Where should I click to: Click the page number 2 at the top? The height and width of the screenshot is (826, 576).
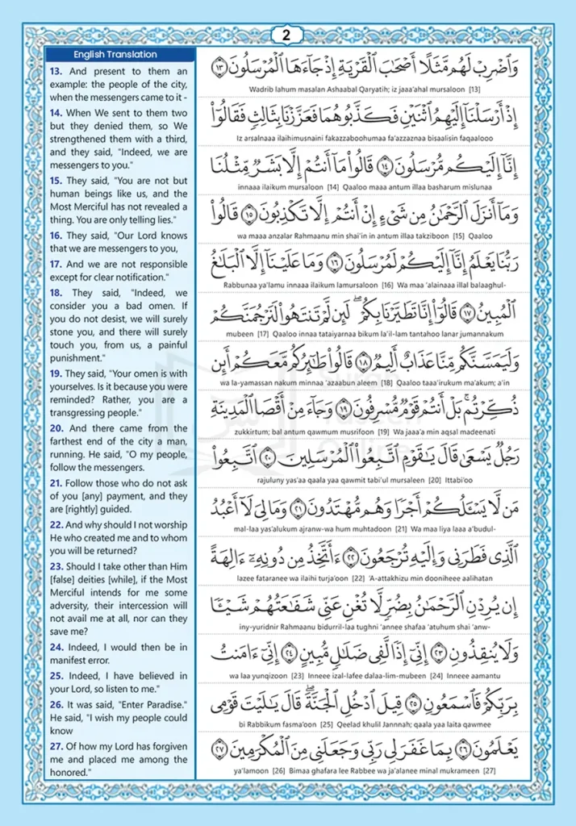point(287,35)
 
